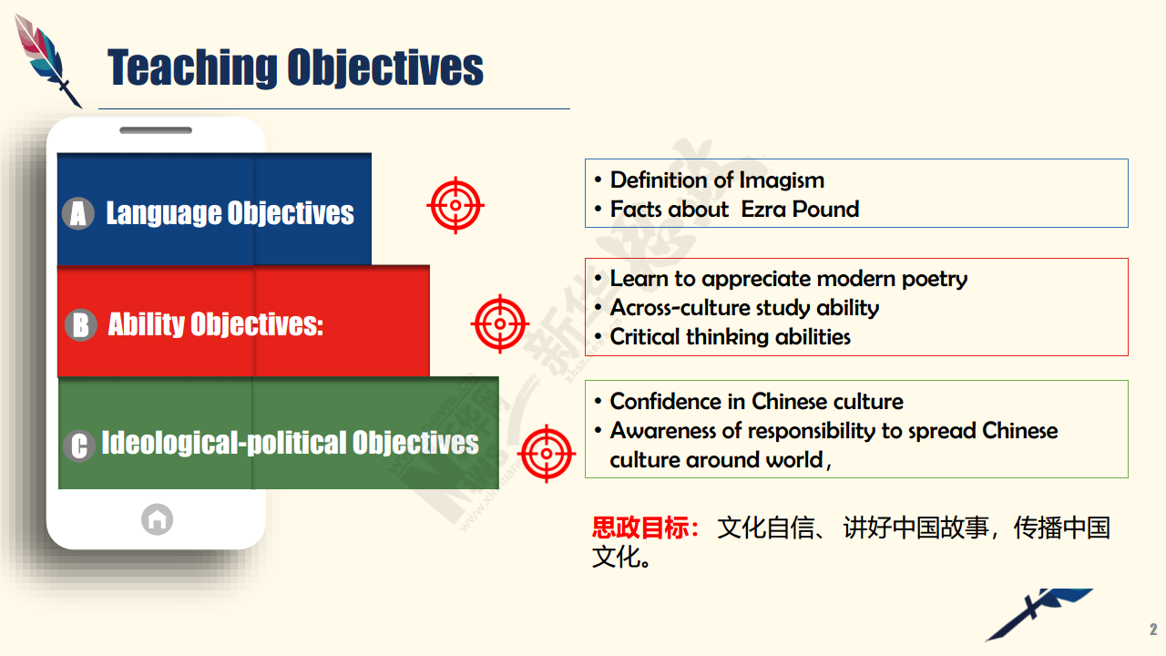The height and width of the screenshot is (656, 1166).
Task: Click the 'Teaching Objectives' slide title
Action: [x=295, y=67]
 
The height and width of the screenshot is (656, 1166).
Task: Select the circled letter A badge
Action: [x=78, y=213]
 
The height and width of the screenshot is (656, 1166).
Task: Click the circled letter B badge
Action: [x=81, y=325]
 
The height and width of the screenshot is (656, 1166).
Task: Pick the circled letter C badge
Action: [x=79, y=446]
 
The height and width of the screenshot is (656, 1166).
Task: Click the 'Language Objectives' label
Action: [x=230, y=213]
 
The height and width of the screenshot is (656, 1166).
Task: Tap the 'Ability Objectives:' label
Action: [x=216, y=324]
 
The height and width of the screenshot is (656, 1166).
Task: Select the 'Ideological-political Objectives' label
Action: [x=290, y=443]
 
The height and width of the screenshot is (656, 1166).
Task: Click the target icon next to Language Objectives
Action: [x=455, y=205]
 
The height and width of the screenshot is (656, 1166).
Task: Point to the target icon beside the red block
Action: [x=500, y=323]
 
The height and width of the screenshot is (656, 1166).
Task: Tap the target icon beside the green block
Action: [x=547, y=454]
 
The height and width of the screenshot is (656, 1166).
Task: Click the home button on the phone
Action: [x=158, y=519]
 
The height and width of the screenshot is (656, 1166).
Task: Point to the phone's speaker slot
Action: [x=156, y=130]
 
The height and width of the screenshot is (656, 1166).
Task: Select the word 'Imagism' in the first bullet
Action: [x=782, y=180]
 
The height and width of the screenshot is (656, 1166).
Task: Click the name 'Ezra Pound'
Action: [x=800, y=210]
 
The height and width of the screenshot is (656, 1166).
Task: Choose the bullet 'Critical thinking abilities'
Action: [x=731, y=337]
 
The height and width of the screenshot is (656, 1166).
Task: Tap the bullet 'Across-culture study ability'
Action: [x=744, y=308]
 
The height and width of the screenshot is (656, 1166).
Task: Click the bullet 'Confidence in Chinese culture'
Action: [x=756, y=402]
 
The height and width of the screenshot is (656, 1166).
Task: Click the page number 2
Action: [x=1153, y=630]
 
